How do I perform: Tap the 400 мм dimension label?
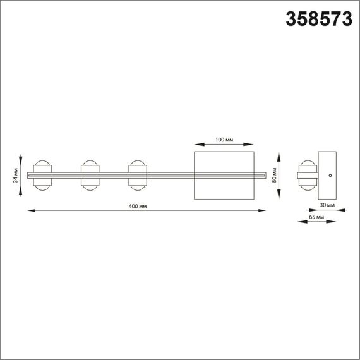pos(138,207)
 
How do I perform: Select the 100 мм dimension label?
pos(225,138)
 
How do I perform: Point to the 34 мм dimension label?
pos(15,174)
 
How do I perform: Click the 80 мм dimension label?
pos(275,174)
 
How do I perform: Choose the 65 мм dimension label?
pos(317,217)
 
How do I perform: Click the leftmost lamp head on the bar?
pos(42,174)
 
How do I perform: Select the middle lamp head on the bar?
pos(90,174)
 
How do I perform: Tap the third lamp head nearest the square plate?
pos(137,174)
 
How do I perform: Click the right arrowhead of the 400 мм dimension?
pos(263,211)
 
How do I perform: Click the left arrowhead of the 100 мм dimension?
pos(195,143)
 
